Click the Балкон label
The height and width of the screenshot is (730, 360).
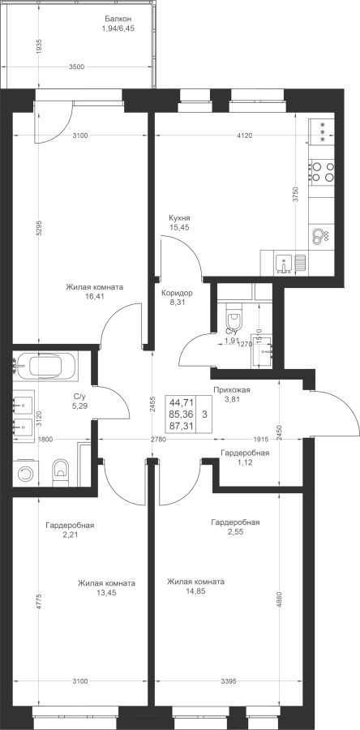coord(118,19)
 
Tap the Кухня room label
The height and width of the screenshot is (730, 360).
coord(179,218)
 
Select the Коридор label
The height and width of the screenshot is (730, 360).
coord(177,294)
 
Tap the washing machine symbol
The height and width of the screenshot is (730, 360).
coord(26,474)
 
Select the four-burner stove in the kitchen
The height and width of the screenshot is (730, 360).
coord(322,171)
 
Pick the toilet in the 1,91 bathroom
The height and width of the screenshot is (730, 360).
coord(234,319)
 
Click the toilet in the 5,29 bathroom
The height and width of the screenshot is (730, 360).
coord(61,473)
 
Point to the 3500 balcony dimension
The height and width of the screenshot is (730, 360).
coord(76,67)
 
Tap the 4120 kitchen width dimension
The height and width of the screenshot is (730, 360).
coord(244,135)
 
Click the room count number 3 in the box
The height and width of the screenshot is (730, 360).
coord(204,414)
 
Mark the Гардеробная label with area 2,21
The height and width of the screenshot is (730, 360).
coord(70,525)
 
